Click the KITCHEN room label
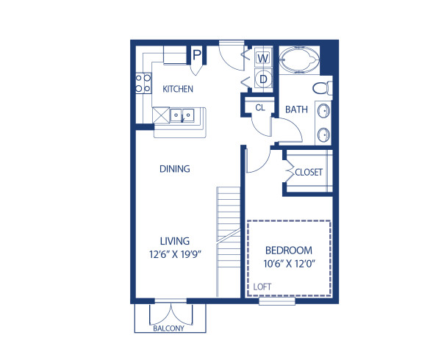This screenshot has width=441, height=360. [178, 90]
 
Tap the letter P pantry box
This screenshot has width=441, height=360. [196, 54]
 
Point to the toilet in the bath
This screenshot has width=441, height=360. [321, 89]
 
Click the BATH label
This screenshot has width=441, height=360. [296, 109]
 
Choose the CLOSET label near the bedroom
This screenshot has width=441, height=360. [309, 173]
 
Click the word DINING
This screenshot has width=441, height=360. [175, 169]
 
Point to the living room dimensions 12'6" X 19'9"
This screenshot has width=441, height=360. [175, 254]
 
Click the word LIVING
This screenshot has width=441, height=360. [175, 240]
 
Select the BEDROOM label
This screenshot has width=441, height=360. [289, 250]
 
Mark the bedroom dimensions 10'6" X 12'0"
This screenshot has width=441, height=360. [289, 263]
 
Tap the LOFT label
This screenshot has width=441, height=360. [262, 287]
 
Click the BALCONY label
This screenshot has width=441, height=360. [168, 328]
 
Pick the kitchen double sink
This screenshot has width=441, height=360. [181, 115]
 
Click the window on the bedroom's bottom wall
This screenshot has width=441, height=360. [277, 300]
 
